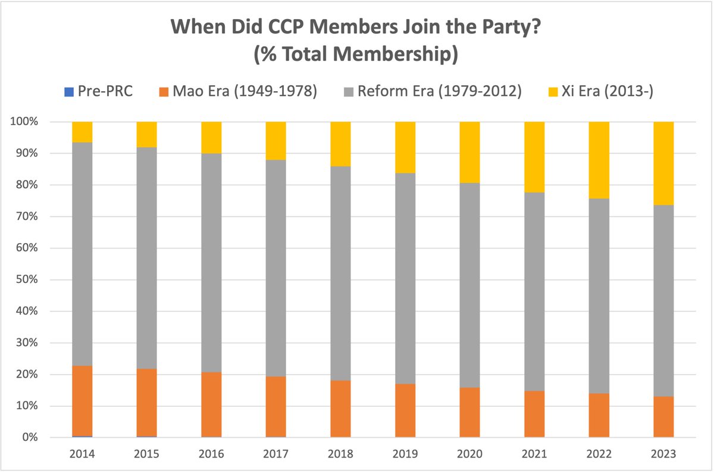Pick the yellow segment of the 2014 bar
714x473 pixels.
[82, 132]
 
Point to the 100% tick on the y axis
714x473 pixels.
[25, 122]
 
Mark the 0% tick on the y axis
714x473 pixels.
[29, 438]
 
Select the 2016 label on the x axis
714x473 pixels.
[211, 454]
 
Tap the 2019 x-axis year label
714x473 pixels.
[405, 454]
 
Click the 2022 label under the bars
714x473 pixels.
[599, 454]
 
